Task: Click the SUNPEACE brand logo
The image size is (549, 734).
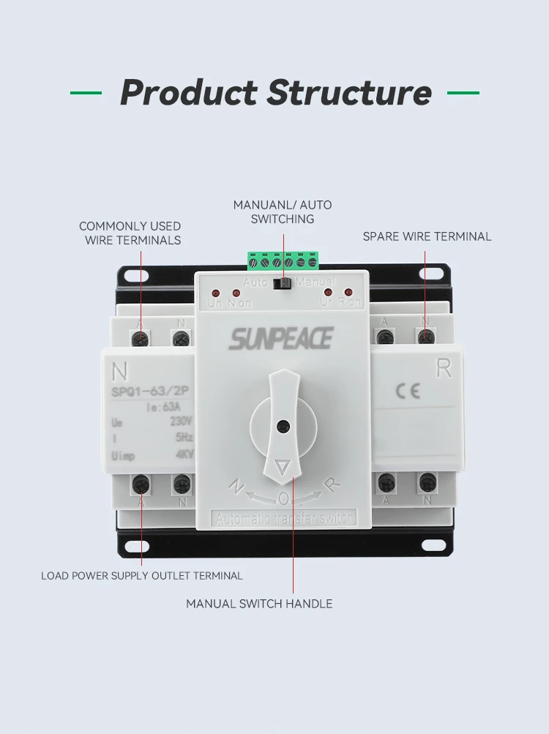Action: coord(281,339)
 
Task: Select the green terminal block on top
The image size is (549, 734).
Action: coord(283,261)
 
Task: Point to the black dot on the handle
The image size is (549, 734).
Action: coord(283,426)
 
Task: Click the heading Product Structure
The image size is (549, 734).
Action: coord(275,93)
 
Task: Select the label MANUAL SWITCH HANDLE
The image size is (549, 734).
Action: coord(259,604)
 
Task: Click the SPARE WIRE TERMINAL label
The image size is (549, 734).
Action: coord(427,236)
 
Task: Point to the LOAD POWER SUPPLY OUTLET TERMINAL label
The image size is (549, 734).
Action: coord(142,576)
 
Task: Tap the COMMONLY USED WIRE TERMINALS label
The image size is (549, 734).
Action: coord(130,233)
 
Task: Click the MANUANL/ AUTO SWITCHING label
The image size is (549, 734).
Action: coord(283,211)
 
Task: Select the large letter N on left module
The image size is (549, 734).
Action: coord(119,370)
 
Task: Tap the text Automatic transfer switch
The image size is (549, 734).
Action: coord(283,518)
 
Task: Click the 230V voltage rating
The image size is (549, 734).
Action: coord(181,422)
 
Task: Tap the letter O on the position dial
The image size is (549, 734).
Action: coord(283,498)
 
